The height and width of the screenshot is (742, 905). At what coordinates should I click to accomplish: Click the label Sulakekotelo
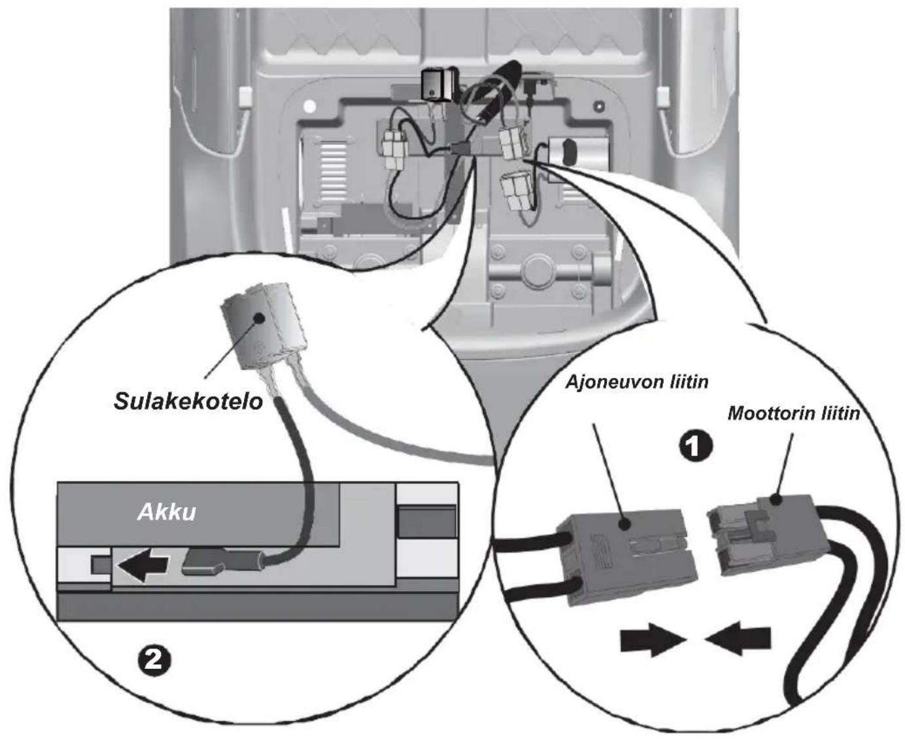tap(188, 401)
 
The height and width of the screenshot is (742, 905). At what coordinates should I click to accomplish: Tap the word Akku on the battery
tap(167, 512)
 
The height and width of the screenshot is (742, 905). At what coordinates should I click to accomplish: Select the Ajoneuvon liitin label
tap(637, 382)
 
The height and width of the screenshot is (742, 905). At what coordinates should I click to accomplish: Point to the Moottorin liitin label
tap(794, 413)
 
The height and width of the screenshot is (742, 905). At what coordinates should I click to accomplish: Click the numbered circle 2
tap(154, 659)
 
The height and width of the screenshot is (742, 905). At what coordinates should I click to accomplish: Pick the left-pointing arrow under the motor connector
tap(737, 638)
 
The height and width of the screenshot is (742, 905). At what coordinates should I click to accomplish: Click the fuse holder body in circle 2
tap(263, 326)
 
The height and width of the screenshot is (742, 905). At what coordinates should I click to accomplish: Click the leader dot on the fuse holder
tap(259, 318)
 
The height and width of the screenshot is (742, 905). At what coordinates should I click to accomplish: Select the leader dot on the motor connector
tap(775, 500)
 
